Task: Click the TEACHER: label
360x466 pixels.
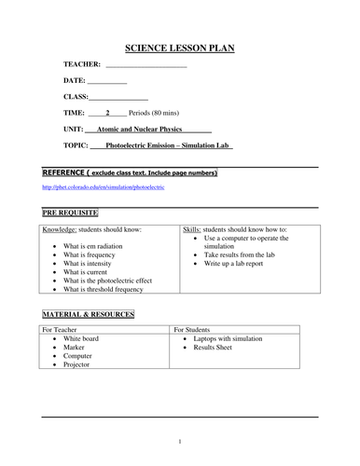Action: pos(82,64)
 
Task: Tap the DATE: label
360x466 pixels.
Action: pos(74,81)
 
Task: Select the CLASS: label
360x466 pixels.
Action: pos(76,97)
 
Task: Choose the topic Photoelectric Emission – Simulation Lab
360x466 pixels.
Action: pos(167,145)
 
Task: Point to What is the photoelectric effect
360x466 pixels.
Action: pos(114,279)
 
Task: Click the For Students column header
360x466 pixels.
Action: pos(196,329)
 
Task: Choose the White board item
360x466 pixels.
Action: pos(81,340)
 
